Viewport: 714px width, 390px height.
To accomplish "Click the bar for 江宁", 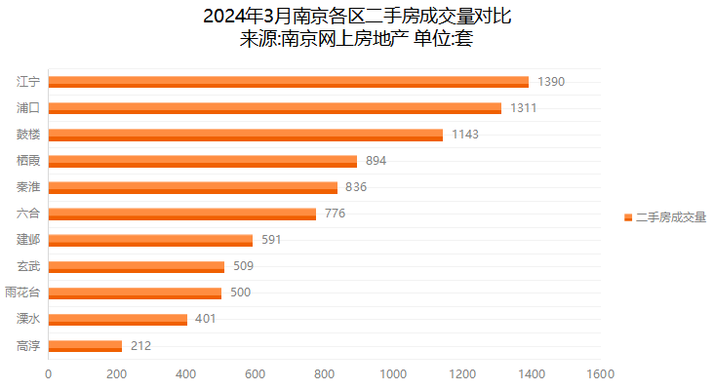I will (288, 82).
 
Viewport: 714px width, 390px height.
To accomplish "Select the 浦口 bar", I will (274, 108).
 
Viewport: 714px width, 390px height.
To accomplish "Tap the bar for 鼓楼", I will (245, 135).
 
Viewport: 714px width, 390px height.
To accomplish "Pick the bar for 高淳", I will (85, 345).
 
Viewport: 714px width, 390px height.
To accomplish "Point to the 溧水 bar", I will (117, 319).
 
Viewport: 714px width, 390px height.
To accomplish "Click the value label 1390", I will (551, 82).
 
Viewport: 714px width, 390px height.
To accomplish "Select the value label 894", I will (377, 161).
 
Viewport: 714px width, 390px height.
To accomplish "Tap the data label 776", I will (336, 214).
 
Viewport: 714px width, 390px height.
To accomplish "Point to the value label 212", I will (140, 345).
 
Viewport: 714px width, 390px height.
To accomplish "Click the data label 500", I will (241, 292).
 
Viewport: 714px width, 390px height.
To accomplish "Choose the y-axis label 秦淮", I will (28, 187).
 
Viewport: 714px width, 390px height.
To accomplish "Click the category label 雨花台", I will (22, 292).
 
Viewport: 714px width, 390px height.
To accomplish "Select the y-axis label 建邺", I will (28, 240).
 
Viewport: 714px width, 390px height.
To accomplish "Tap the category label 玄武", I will (28, 266).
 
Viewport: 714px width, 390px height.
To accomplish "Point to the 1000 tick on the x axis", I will (393, 373).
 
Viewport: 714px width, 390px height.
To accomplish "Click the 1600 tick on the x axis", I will (600, 373).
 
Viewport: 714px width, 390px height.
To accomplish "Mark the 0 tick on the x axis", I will (48, 373).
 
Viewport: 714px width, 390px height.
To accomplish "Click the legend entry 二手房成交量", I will (670, 217).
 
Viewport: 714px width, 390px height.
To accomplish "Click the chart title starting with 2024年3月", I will (357, 17).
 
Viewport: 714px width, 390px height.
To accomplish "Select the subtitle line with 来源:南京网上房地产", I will (357, 39).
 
